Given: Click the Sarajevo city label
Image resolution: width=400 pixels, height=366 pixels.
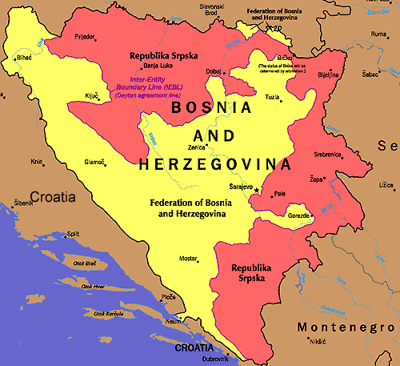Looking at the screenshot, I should pyautogui.click(x=241, y=186).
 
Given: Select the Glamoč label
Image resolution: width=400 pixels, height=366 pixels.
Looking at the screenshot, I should pyautogui.click(x=95, y=162).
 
